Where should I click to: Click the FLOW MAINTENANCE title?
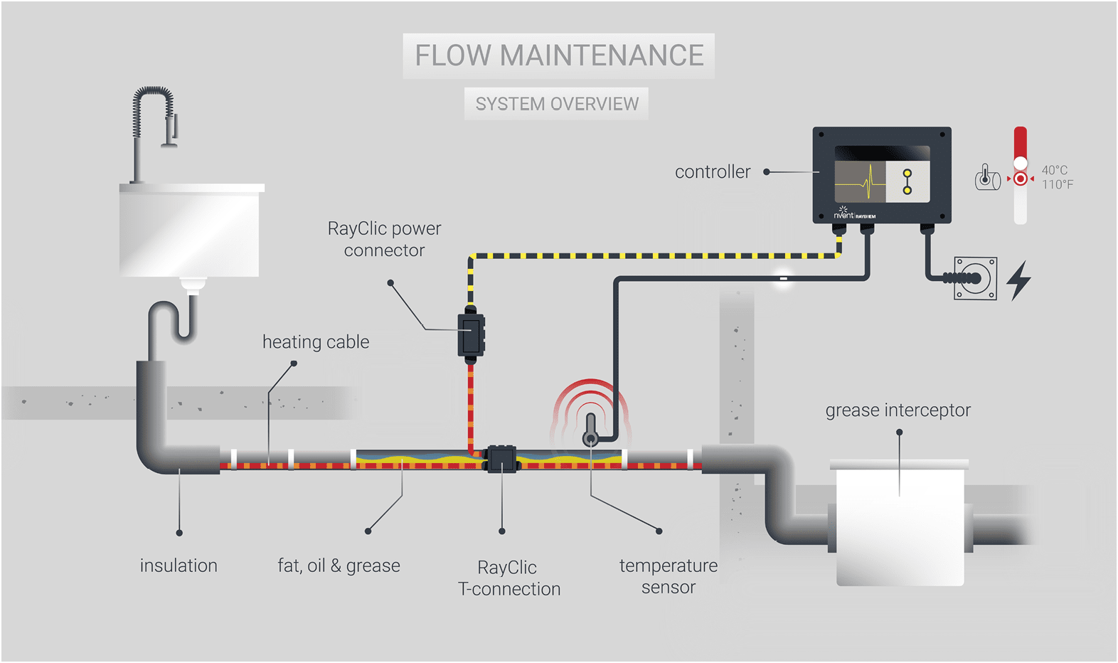[x=559, y=55]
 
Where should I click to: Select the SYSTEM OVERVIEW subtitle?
[x=557, y=104]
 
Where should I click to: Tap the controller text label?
[x=713, y=172]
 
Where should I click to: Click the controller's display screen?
[x=882, y=175]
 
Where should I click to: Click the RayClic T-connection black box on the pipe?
[x=501, y=460]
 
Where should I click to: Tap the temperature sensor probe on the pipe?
[x=590, y=431]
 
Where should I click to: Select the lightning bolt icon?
[x=1020, y=280]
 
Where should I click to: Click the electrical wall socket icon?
[x=975, y=278]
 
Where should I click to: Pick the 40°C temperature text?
[x=1055, y=170]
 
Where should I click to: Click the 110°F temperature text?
[x=1058, y=185]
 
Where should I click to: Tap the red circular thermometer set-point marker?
[x=1021, y=179]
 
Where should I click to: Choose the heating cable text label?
[x=316, y=342]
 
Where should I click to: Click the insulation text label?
[x=179, y=566]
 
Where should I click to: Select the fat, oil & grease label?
[x=339, y=566]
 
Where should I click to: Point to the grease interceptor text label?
[x=898, y=410]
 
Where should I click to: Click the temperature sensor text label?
[x=669, y=576]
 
